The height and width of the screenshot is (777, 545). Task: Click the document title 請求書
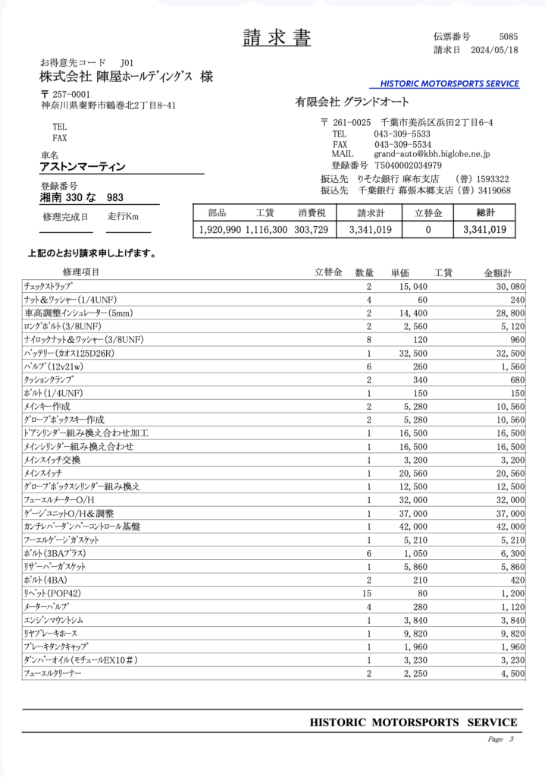277,38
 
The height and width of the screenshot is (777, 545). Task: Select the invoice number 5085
509,36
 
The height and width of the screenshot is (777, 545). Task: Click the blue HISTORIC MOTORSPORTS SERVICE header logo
449,83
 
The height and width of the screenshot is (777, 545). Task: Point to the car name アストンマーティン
83,166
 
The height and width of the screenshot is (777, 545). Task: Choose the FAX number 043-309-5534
402,144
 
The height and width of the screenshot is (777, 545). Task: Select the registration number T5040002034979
408,165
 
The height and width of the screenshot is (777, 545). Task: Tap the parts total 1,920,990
220,229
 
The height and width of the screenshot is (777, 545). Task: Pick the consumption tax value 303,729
311,229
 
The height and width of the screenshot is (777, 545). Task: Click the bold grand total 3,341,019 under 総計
484,229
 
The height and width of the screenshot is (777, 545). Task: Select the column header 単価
399,272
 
